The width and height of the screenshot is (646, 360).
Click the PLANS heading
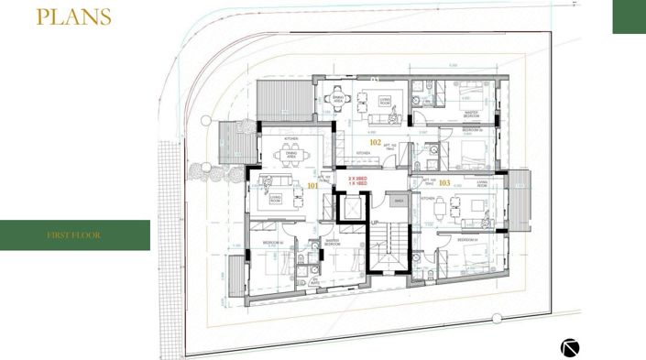click(x=73, y=17)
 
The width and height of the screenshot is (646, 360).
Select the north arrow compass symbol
click(x=571, y=347)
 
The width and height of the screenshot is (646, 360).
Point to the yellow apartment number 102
click(x=375, y=143)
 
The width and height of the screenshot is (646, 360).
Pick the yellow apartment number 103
click(x=444, y=183)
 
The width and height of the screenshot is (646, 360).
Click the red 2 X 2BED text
click(x=357, y=180)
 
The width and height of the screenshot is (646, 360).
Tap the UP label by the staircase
click(x=375, y=222)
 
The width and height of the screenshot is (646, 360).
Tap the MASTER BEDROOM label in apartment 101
click(x=333, y=244)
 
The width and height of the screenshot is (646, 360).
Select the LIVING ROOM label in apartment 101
click(x=275, y=199)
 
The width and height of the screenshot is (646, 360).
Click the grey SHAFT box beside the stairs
click(x=396, y=200)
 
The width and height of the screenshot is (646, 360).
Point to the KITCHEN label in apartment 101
click(x=291, y=139)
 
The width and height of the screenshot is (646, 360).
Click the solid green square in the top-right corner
click(x=629, y=16)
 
